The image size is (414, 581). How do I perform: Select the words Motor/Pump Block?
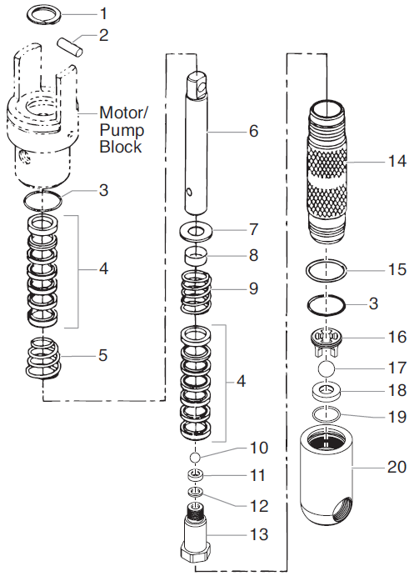(x=121, y=129)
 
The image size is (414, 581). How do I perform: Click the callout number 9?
(x=253, y=290)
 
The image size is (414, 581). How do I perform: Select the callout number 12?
(x=257, y=505)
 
